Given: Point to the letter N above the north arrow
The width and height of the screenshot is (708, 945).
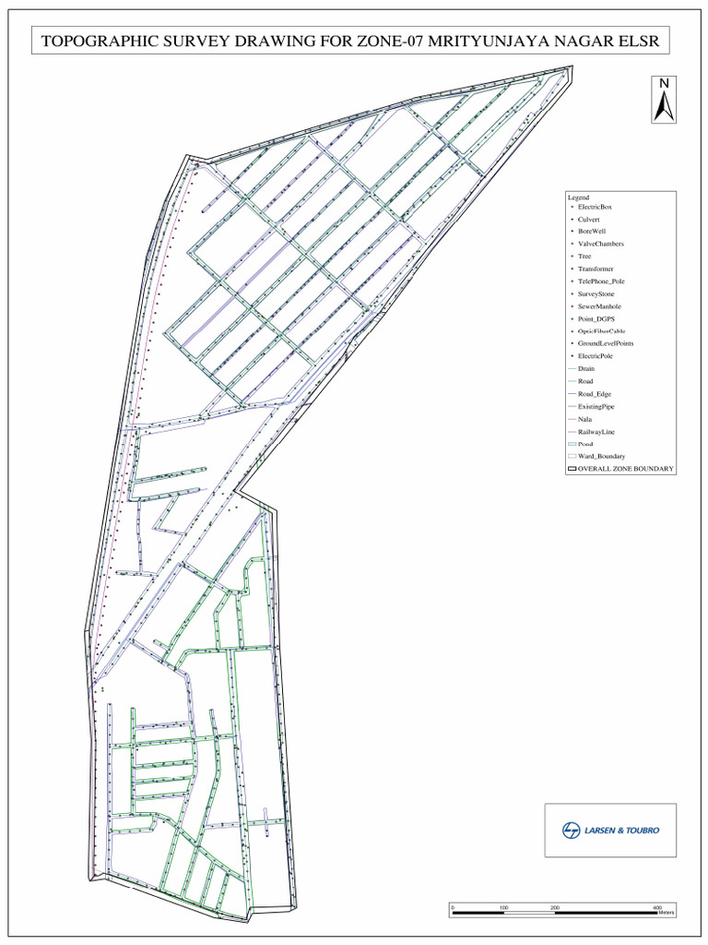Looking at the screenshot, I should tap(662, 84).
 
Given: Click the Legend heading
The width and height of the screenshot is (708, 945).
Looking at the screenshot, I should tap(578, 197).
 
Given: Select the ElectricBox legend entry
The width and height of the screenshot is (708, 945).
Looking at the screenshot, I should tap(595, 207).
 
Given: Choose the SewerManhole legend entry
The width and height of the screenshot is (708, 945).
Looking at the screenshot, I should tap(599, 305).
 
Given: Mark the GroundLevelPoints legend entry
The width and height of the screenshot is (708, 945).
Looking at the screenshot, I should tap(605, 343).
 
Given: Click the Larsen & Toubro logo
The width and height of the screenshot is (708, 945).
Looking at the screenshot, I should tap(610, 830).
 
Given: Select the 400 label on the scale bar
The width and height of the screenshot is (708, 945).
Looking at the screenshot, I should tap(657, 908).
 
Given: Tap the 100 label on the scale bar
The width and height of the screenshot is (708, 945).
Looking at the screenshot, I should tap(503, 908).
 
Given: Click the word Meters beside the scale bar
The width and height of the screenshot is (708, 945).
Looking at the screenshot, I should tap(667, 914).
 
